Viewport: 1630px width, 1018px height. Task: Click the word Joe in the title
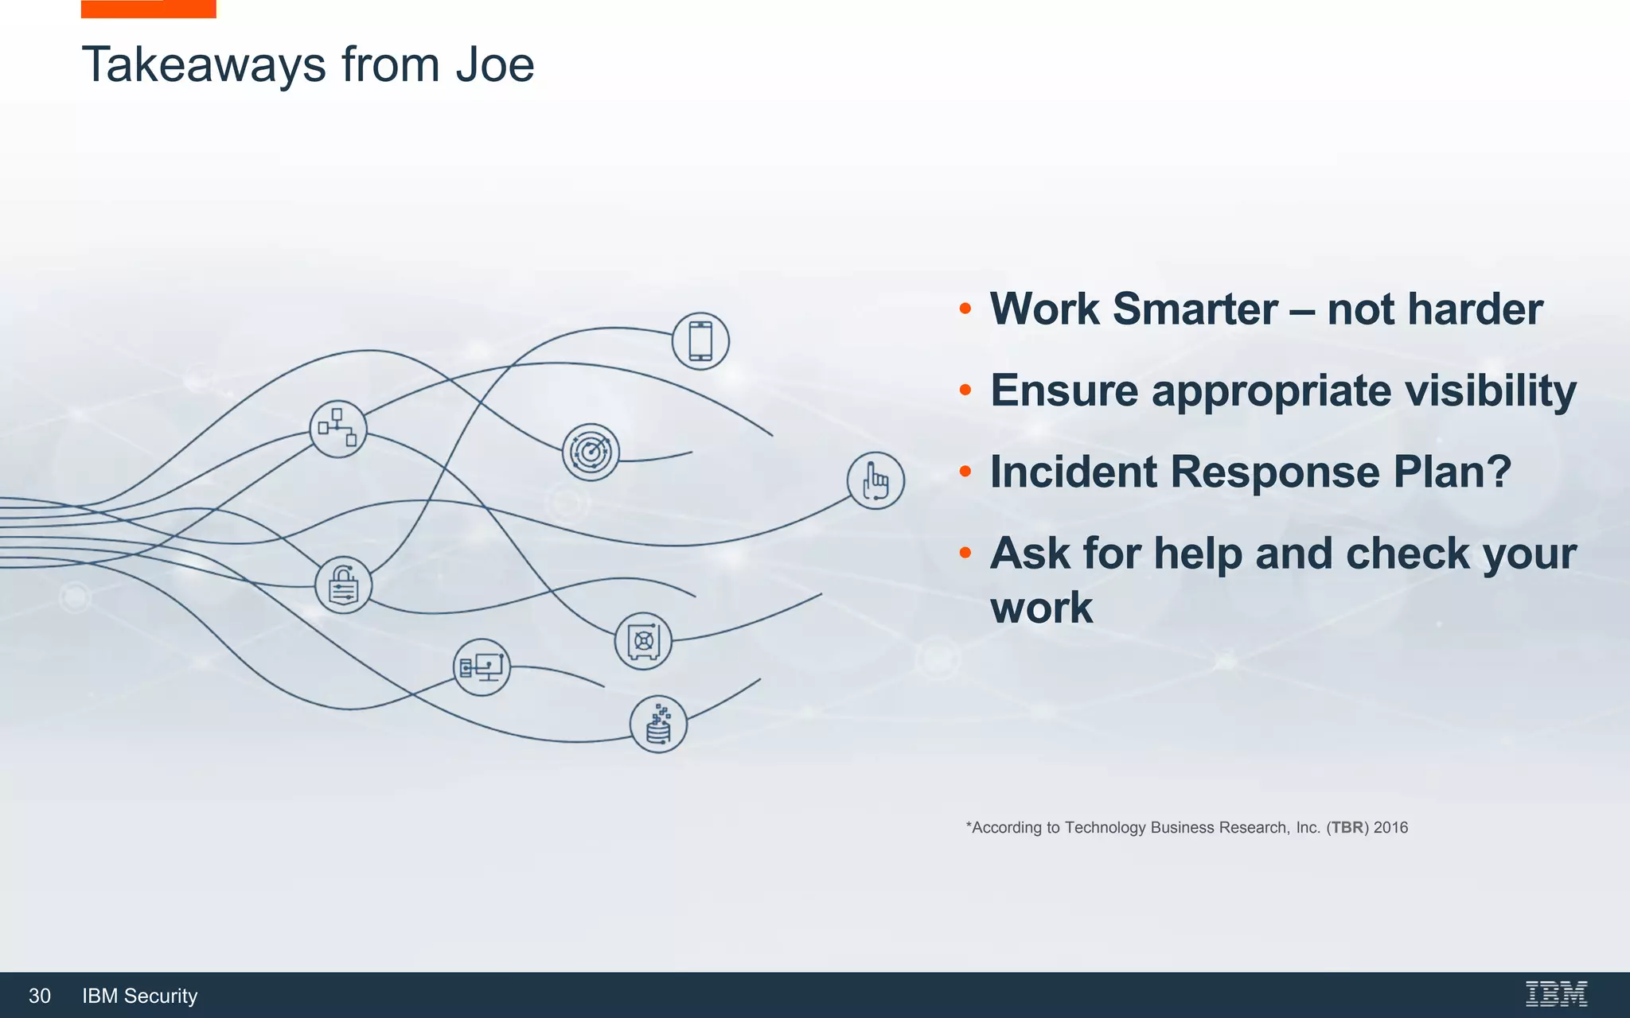[494, 64]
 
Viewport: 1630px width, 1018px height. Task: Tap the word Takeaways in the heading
[204, 64]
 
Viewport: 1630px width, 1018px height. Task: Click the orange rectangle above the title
[148, 9]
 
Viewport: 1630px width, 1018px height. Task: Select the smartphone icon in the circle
[700, 341]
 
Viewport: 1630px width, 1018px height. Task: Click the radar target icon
[591, 452]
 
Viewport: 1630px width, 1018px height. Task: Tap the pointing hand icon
[875, 480]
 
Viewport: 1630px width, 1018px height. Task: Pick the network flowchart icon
[338, 429]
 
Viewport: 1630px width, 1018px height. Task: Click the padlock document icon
[343, 585]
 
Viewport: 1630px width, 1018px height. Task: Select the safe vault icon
[643, 641]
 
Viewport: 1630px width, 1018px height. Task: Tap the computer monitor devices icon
[482, 667]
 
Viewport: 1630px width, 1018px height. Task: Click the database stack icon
[658, 725]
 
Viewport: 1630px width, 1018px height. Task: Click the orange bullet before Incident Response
[965, 472]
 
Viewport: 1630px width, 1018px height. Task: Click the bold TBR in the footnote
[1347, 827]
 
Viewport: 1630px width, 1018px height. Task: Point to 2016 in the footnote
[1390, 827]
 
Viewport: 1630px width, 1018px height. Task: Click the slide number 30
[40, 996]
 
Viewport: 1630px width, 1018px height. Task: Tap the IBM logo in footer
[1556, 994]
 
